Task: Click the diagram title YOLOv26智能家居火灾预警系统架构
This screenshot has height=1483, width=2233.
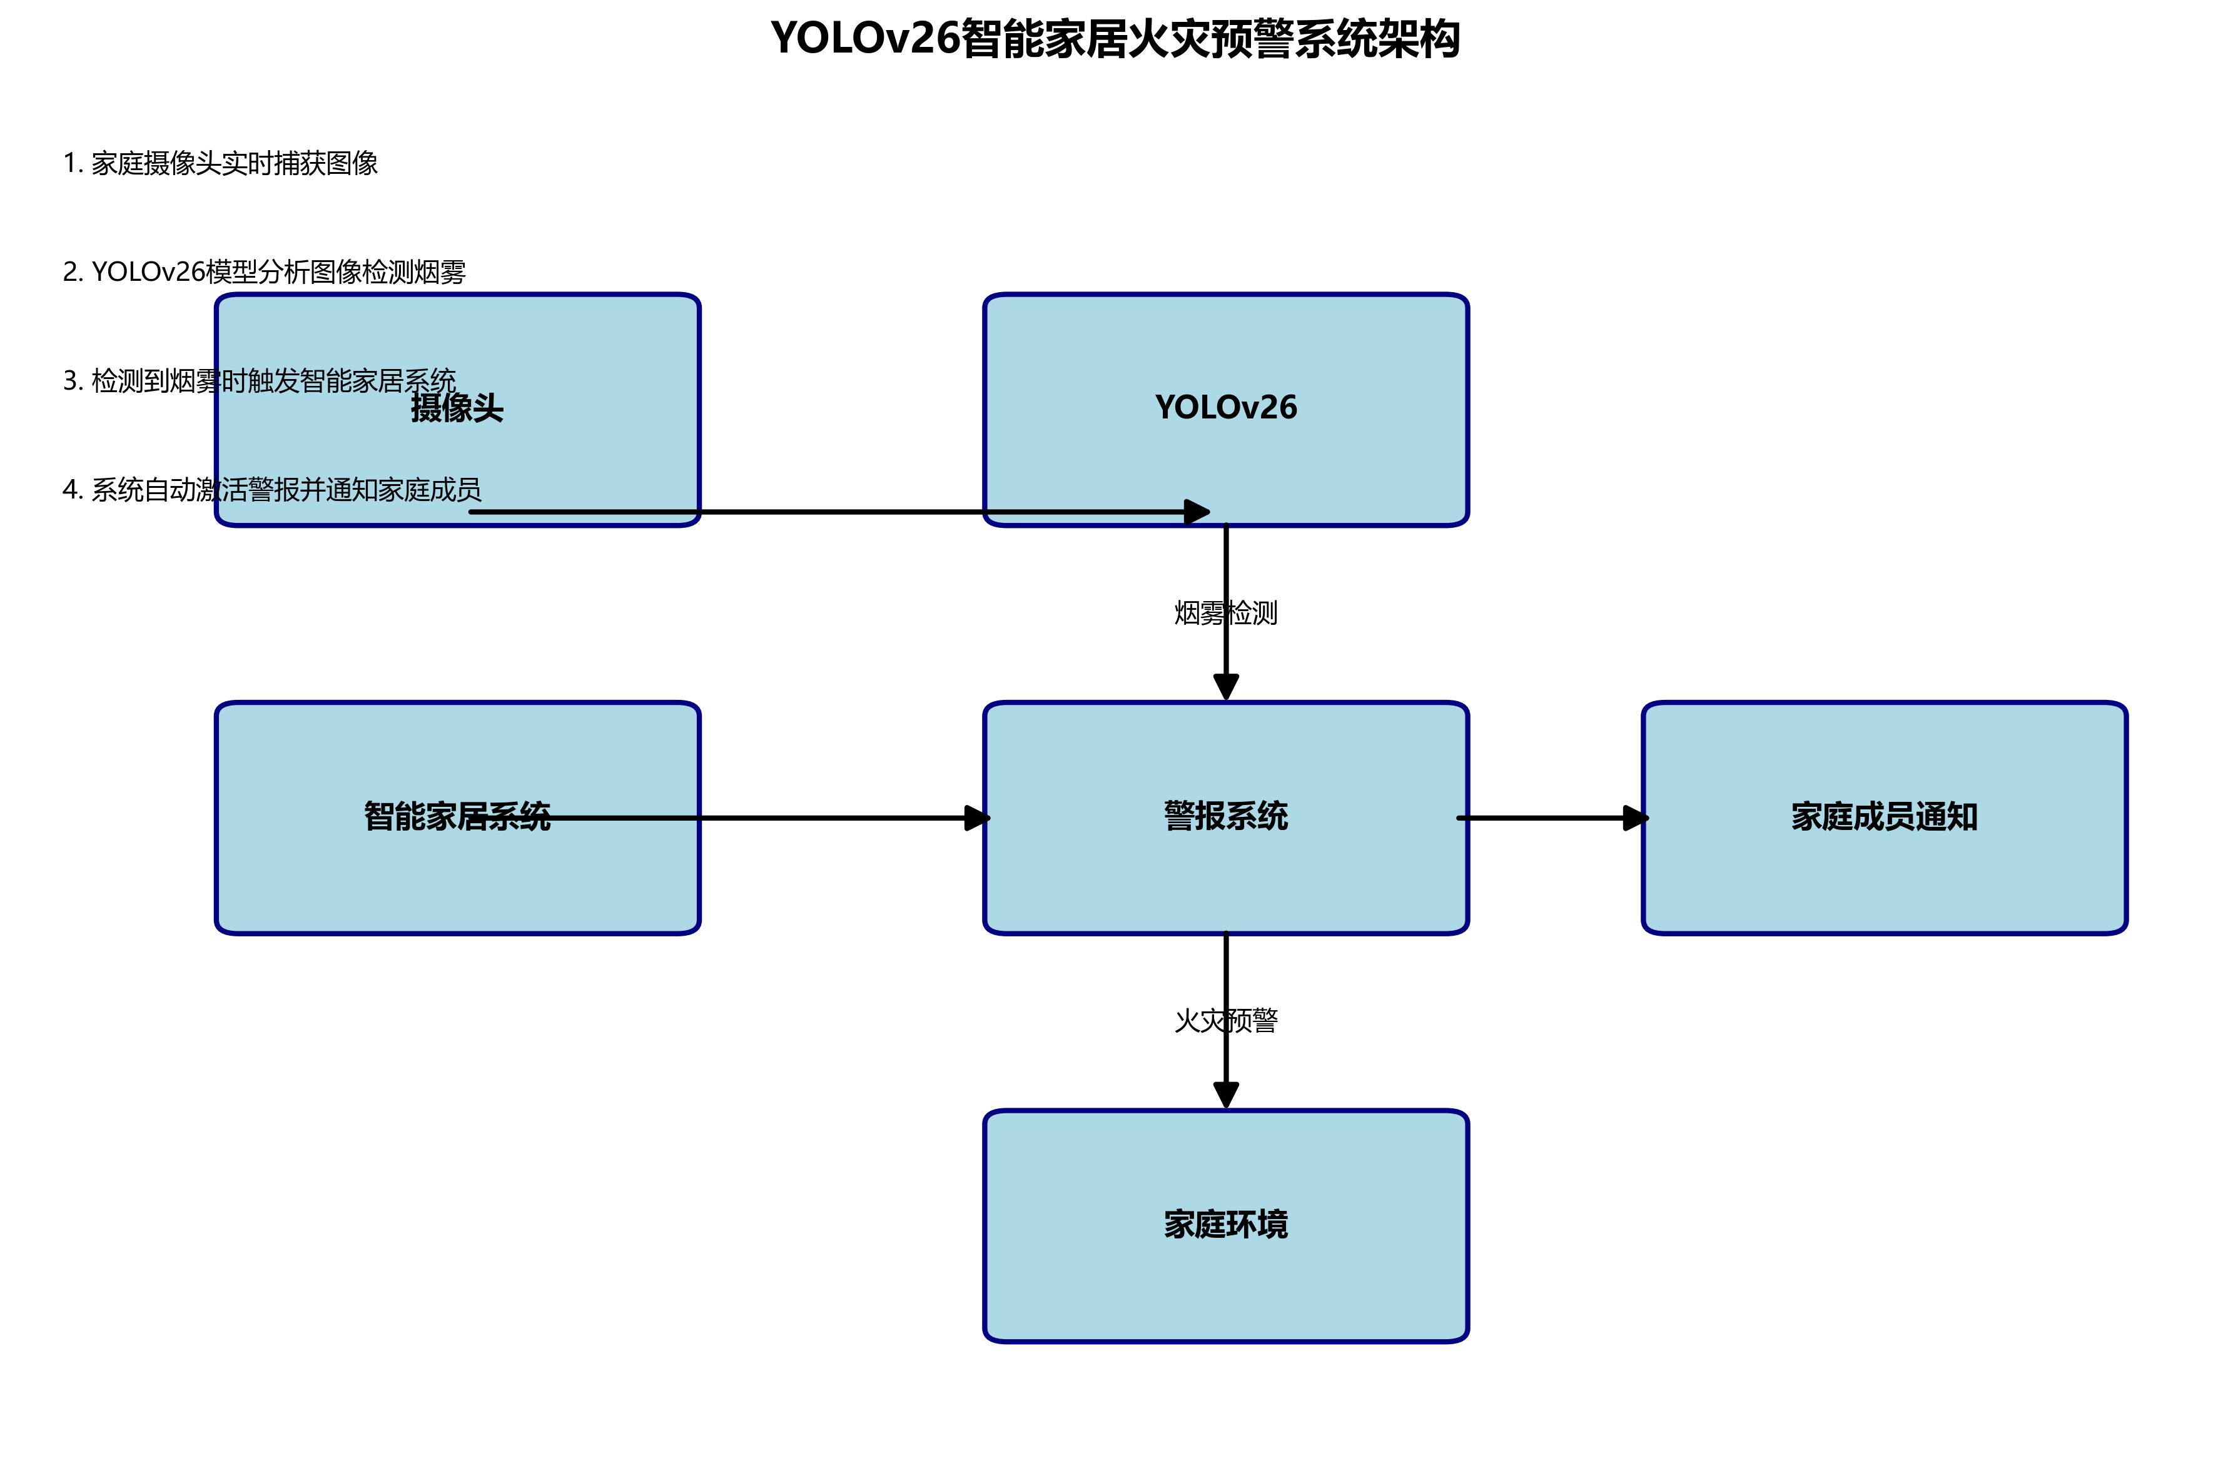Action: point(1115,40)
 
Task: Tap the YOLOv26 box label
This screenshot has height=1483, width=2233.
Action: point(1226,408)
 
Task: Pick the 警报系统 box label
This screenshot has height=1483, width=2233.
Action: point(1226,816)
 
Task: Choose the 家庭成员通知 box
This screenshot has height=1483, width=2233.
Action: point(1884,817)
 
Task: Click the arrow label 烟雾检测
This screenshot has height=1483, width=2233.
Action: point(1226,613)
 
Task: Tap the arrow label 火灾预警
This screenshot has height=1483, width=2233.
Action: point(1226,1021)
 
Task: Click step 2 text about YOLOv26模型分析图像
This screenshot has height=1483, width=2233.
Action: point(264,272)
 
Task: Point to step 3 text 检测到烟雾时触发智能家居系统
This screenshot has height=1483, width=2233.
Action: point(259,381)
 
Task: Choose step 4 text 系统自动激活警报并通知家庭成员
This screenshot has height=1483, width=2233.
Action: point(271,490)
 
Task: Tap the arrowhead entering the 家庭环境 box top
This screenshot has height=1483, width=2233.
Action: point(1226,1095)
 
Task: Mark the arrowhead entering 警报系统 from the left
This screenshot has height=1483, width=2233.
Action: point(977,818)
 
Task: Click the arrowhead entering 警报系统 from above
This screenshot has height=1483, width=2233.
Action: point(1226,687)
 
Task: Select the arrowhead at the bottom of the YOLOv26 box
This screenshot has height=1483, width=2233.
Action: point(1197,512)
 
